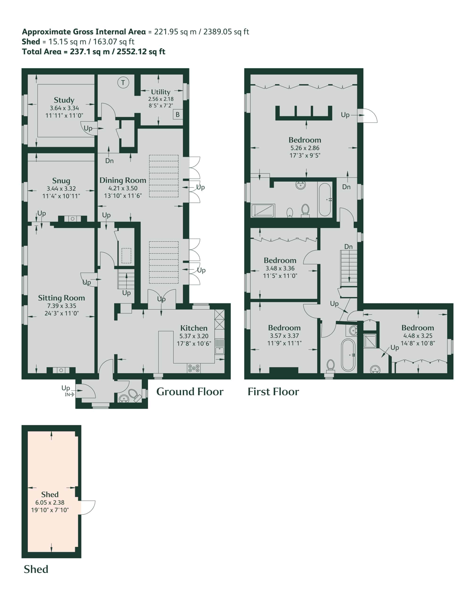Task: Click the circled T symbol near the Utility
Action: (x=123, y=83)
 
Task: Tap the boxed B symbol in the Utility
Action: (x=177, y=114)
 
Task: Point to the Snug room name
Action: (x=61, y=180)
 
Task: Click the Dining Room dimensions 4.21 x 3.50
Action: (x=123, y=188)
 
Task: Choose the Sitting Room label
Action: (x=62, y=298)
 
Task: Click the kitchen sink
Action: (x=219, y=346)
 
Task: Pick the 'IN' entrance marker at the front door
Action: (x=67, y=394)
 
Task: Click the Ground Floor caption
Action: (x=190, y=392)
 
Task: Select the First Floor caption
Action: (x=273, y=392)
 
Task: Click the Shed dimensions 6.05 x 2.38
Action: (x=50, y=503)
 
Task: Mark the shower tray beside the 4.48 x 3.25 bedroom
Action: (x=370, y=341)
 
